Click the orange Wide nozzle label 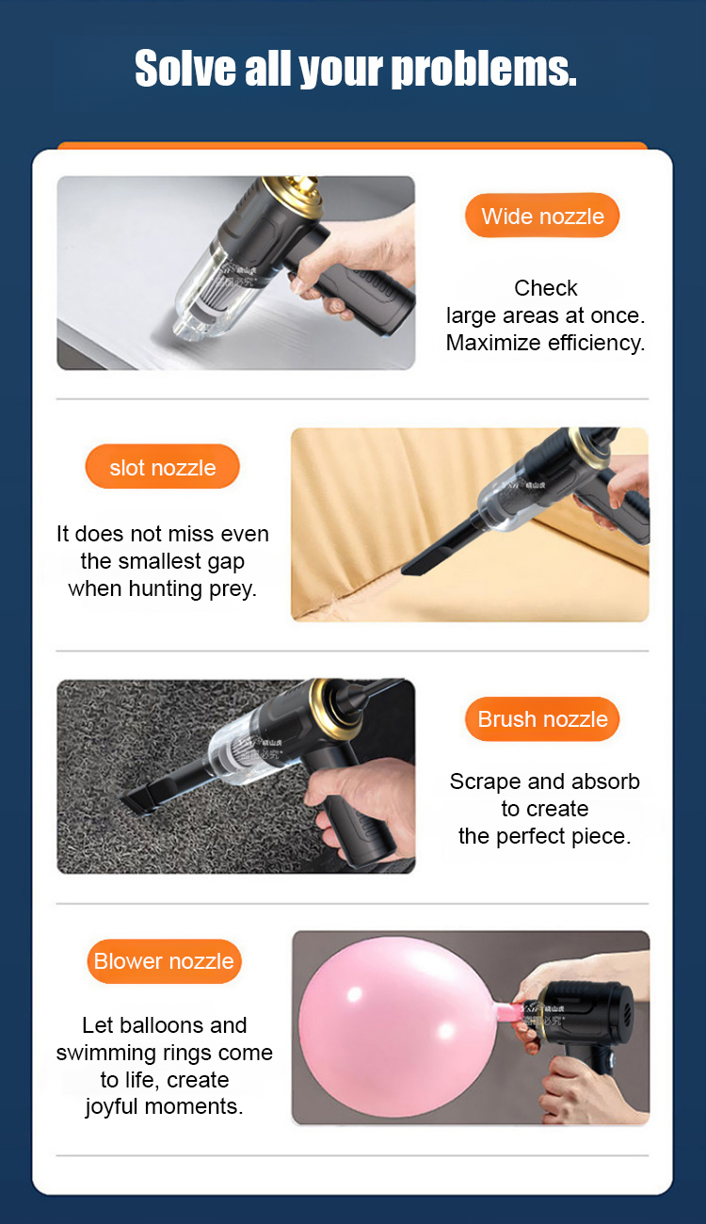coord(542,216)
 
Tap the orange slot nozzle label coord(162,467)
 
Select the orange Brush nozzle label coord(542,718)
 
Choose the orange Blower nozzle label coord(164,961)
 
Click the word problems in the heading coord(485,69)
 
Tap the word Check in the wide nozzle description coord(545,288)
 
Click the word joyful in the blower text coord(111,1107)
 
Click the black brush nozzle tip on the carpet coord(136,801)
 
